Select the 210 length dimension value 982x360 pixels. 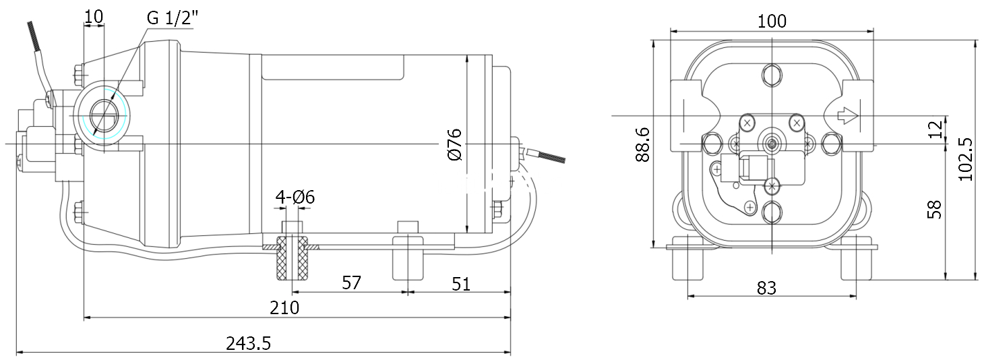point(284,308)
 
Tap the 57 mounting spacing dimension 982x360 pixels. point(351,283)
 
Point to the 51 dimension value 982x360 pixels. point(460,284)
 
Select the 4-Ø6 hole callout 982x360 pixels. point(295,198)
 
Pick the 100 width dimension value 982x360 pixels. point(772,21)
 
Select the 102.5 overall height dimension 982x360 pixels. point(966,159)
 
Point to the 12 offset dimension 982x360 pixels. point(934,130)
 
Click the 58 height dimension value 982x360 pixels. point(934,209)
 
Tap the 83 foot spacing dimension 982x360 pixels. point(766,288)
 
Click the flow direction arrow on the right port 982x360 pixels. point(847,117)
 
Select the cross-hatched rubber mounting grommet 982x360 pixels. point(293,259)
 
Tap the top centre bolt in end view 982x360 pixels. point(771,75)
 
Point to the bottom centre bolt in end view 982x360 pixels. point(771,212)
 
